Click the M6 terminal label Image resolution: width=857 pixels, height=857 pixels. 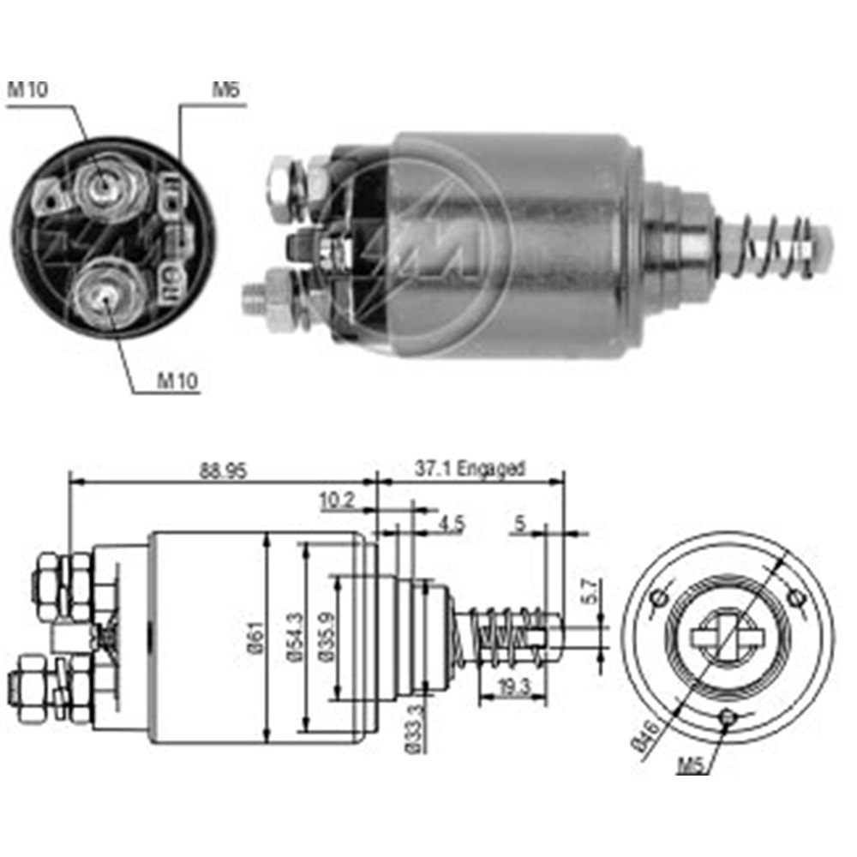click(x=225, y=90)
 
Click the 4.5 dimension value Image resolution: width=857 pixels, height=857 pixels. click(x=450, y=524)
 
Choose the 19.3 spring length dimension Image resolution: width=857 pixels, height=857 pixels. click(x=512, y=686)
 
